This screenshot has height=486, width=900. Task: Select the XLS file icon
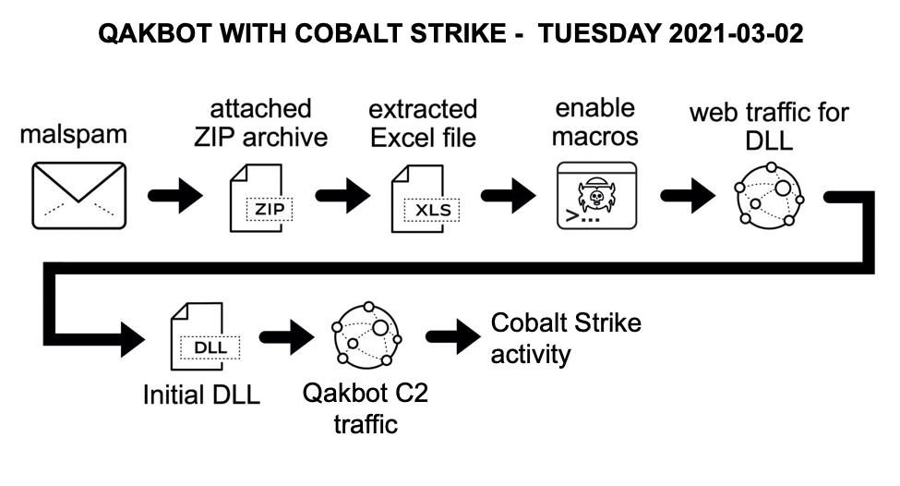pos(423,197)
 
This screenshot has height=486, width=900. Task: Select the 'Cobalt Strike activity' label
pos(565,338)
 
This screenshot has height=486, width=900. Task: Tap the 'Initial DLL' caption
pos(201,395)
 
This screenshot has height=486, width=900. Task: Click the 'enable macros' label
pos(595,122)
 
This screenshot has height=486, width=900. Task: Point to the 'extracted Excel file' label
pos(423,123)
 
